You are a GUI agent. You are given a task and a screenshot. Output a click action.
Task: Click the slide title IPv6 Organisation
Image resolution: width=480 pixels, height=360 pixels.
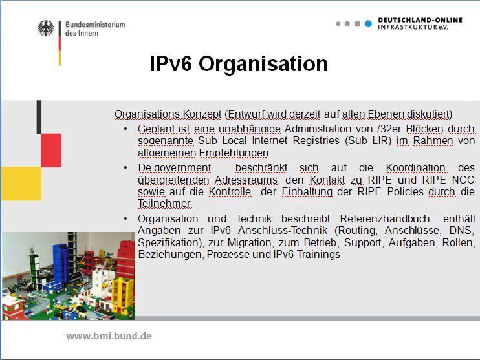pyautogui.click(x=239, y=64)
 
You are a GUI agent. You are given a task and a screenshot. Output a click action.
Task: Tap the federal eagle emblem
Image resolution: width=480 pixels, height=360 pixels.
pyautogui.click(x=46, y=28)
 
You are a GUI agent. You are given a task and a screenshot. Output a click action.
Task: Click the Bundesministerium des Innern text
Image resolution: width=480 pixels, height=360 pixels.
pyautogui.click(x=94, y=28)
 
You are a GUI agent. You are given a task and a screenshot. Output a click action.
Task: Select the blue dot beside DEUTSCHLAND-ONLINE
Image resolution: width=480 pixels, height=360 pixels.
pyautogui.click(x=368, y=24)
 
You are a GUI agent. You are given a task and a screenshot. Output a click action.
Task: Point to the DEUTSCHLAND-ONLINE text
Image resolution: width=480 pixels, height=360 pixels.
pyautogui.click(x=420, y=20)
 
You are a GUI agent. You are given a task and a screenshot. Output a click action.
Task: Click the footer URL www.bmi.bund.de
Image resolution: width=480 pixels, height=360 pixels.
pyautogui.click(x=109, y=336)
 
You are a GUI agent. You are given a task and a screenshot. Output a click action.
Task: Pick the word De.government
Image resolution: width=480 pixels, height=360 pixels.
pyautogui.click(x=174, y=168)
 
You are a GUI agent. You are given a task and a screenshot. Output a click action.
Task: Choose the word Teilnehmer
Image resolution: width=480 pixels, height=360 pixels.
pyautogui.click(x=164, y=204)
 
